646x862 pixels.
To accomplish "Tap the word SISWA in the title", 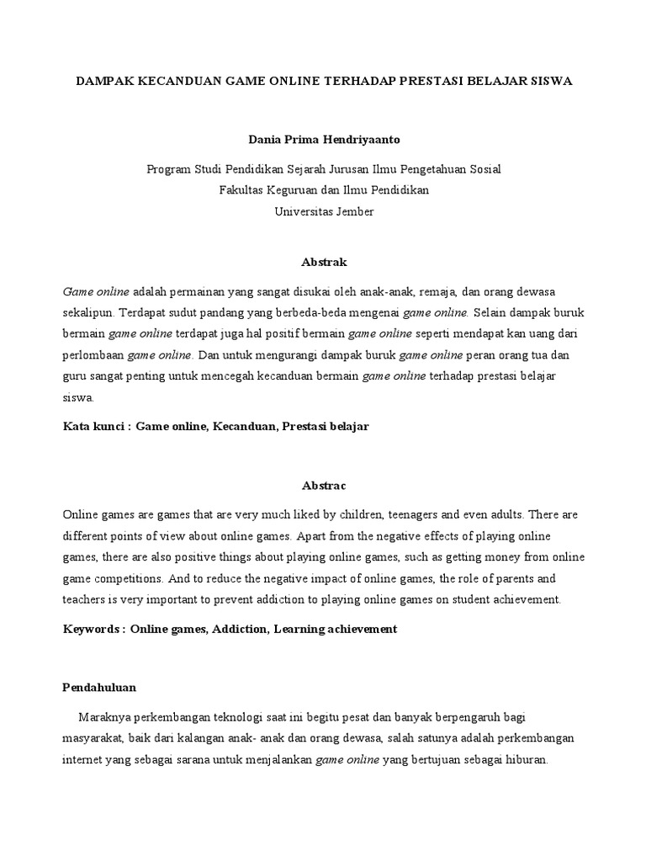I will pyautogui.click(x=548, y=82).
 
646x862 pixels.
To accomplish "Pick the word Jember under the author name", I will pyautogui.click(x=352, y=211).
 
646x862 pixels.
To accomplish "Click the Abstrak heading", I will pyautogui.click(x=324, y=263).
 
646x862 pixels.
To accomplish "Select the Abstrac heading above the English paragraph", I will pyautogui.click(x=324, y=486).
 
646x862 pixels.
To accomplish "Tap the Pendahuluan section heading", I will pyautogui.click(x=100, y=687).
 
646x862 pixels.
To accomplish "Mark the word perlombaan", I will pyautogui.click(x=93, y=354).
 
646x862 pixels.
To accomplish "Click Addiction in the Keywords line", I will pyautogui.click(x=240, y=629).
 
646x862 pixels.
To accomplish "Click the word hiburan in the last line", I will pyautogui.click(x=523, y=759).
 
